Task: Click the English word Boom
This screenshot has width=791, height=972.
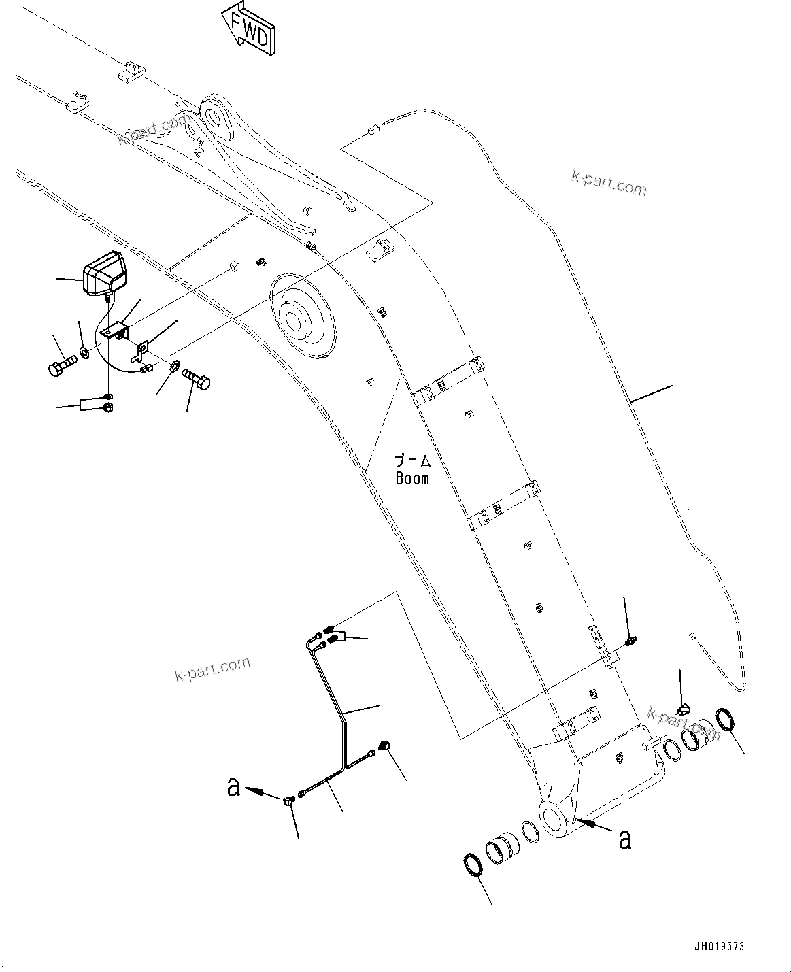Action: point(412,478)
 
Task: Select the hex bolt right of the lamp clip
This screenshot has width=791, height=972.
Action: point(198,380)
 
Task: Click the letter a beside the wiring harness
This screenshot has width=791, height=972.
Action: point(233,788)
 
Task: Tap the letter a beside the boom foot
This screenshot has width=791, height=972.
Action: point(625,839)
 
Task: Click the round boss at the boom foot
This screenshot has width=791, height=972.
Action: point(555,819)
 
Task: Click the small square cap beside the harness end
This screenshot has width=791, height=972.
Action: point(383,746)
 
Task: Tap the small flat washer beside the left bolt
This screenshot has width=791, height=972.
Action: point(83,353)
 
